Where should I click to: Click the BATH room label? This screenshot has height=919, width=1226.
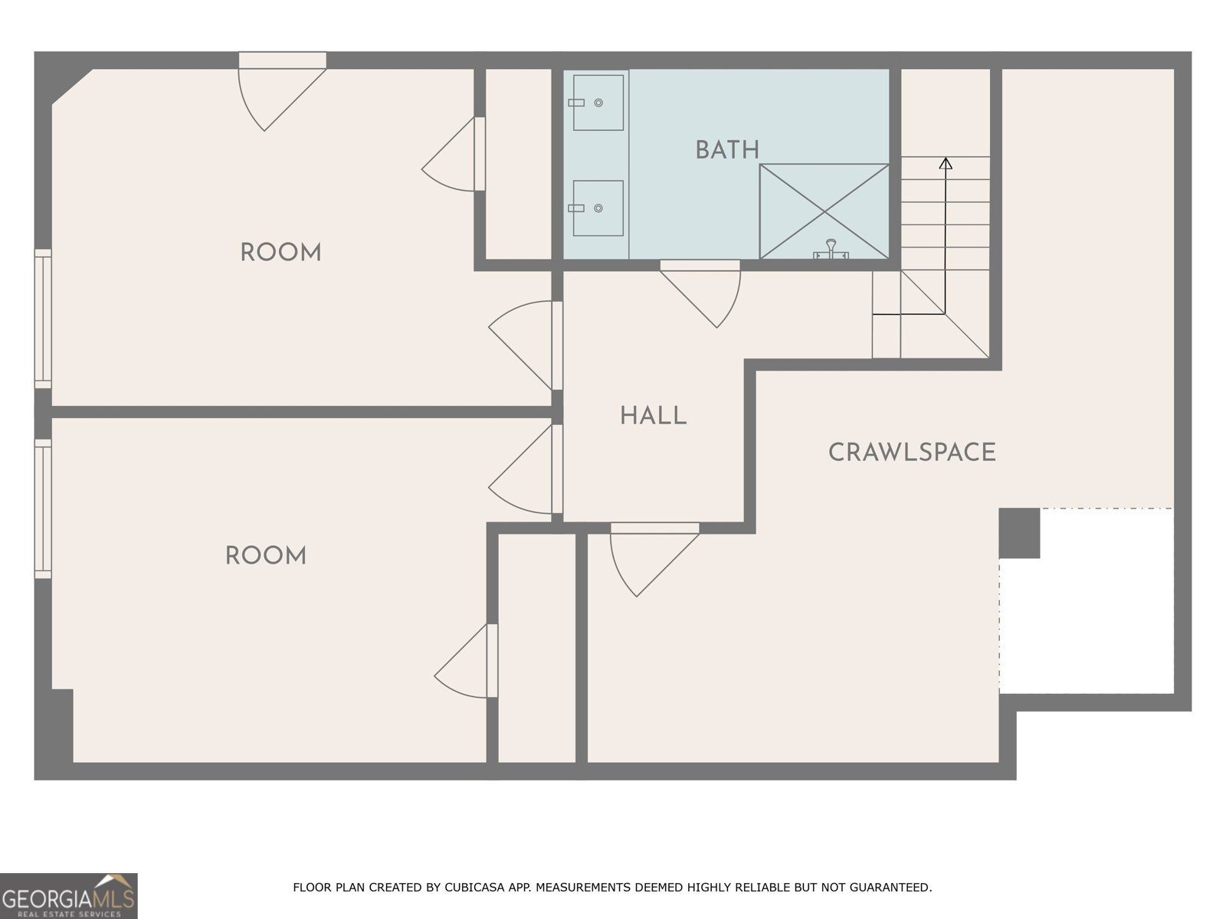pos(727,150)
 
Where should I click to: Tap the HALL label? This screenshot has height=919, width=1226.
pos(653,416)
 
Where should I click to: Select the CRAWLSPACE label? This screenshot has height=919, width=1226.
pos(912,453)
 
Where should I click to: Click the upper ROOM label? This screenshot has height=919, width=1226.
pos(281,253)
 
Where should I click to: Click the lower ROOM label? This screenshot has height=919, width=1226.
pos(266,556)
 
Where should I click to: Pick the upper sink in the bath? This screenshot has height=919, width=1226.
pos(598,103)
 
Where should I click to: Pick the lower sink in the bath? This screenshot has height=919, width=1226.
pos(598,208)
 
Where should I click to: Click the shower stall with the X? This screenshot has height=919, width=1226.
pos(824,211)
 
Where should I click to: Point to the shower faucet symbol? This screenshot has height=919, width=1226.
pos(831,249)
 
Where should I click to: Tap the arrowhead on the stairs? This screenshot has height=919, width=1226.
pos(945,163)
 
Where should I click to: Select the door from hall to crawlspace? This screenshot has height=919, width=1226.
pos(654,560)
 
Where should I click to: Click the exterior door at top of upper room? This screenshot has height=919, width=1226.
pos(283,91)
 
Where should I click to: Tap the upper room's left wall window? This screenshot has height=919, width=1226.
pos(43,319)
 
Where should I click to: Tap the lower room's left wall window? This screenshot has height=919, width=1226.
pos(43,509)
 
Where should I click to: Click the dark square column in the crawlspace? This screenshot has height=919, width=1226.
pos(1019,533)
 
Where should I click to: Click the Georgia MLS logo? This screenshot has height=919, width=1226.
pos(69,896)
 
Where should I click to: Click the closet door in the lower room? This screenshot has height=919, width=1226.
pos(467,661)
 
